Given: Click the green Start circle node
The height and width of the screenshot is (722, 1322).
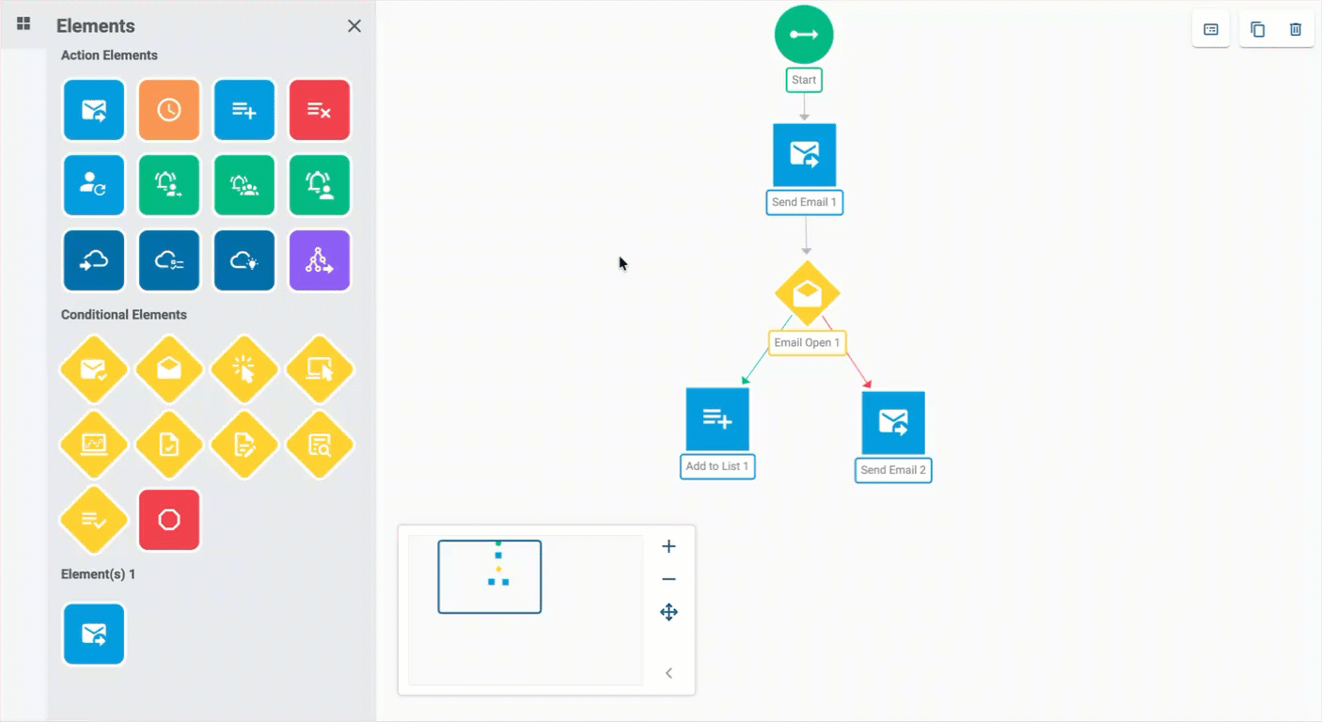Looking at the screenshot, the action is (x=804, y=34).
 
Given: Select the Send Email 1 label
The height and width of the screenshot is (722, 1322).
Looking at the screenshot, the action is (x=804, y=202).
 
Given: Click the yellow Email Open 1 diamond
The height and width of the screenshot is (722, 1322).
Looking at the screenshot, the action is (x=808, y=293).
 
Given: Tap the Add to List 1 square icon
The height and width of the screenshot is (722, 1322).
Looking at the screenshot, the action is (x=717, y=419).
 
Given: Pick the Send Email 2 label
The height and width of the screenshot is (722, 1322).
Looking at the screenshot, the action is (x=893, y=470).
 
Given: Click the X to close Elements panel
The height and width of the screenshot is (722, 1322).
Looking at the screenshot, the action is (x=354, y=26).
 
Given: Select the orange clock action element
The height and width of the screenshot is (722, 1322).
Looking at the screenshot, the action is (x=169, y=110).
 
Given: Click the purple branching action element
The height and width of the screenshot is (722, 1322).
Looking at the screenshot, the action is (x=320, y=260).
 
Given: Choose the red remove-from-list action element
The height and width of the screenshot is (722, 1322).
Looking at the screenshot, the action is (x=320, y=110).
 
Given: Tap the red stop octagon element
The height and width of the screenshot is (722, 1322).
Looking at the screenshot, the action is (x=169, y=520).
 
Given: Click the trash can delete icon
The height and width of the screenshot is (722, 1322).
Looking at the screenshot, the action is (x=1295, y=29).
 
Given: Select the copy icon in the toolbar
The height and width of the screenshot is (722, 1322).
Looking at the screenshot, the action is (x=1257, y=29).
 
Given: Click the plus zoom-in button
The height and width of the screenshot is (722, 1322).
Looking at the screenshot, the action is (x=669, y=546).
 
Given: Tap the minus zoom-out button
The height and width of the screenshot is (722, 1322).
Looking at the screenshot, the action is (x=669, y=579).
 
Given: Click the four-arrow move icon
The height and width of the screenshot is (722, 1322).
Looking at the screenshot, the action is (x=669, y=612).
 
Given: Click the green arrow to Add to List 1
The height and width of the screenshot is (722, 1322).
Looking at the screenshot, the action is (x=766, y=351).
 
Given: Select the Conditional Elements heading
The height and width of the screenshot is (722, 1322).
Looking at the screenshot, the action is (x=124, y=315).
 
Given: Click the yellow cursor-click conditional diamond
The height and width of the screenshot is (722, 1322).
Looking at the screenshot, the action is (x=244, y=369).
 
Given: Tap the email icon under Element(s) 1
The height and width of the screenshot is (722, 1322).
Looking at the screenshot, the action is (x=94, y=635).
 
